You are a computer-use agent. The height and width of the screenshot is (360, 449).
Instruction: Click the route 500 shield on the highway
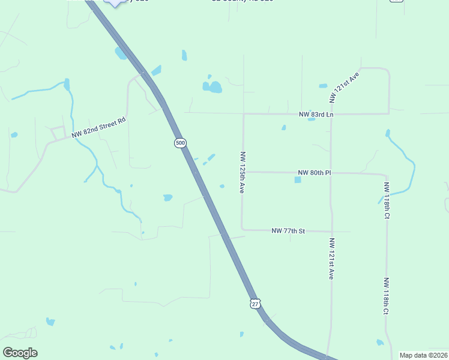tap(181, 143)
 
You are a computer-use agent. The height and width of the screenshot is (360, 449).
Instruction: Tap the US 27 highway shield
tap(256, 304)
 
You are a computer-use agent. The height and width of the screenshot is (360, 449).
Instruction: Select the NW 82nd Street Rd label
tap(98, 128)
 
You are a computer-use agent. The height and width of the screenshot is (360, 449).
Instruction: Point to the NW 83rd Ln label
tap(316, 114)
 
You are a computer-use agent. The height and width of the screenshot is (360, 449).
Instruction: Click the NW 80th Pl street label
tap(314, 173)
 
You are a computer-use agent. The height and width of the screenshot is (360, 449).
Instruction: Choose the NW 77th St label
tap(288, 230)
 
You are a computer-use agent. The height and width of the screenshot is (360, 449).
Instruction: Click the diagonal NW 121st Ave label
tap(344, 86)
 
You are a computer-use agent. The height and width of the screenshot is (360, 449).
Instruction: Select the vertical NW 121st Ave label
tap(331, 259)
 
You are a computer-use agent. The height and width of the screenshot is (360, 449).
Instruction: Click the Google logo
tap(20, 353)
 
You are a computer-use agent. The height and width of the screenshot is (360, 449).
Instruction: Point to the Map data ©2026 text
tap(423, 355)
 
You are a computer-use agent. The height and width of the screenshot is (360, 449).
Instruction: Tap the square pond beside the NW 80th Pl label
tap(298, 179)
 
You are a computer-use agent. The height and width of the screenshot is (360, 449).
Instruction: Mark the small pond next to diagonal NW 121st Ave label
tap(323, 86)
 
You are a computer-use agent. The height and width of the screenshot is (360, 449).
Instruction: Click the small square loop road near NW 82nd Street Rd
tap(58, 133)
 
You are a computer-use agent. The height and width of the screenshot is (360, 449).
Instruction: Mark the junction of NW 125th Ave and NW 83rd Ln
tap(243, 113)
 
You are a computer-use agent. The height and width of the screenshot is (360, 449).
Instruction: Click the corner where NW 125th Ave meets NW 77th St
tap(243, 229)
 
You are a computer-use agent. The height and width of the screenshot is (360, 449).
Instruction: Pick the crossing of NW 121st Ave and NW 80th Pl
tap(331, 173)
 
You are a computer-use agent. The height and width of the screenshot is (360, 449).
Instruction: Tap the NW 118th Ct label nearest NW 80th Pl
tap(387, 199)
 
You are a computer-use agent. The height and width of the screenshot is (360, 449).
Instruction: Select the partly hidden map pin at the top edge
tap(115, 2)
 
